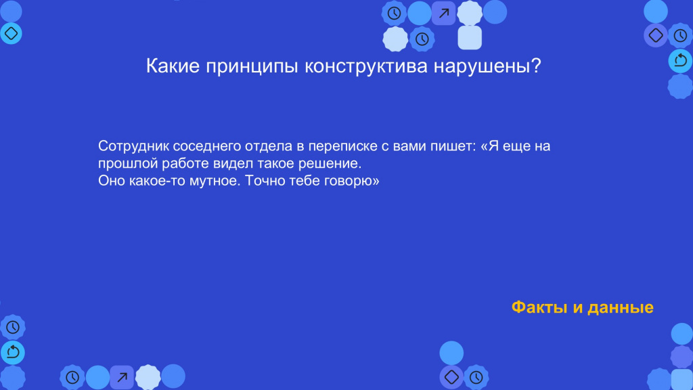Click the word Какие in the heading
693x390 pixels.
pyautogui.click(x=173, y=66)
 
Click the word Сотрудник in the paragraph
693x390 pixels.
pyautogui.click(x=133, y=146)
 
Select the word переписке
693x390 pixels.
pyautogui.click(x=342, y=146)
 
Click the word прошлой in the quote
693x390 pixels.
pyautogui.click(x=128, y=164)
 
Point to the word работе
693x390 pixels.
pyautogui.click(x=185, y=163)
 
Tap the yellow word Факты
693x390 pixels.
pyautogui.click(x=539, y=307)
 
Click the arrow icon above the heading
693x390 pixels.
pyautogui.click(x=444, y=14)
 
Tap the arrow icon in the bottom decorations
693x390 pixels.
pyautogui.click(x=122, y=377)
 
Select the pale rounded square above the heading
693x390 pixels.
pyautogui.click(x=470, y=38)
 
